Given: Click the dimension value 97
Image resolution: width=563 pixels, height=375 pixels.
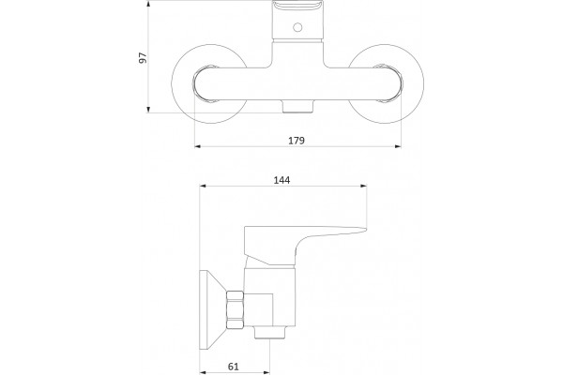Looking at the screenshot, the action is tap(143, 58).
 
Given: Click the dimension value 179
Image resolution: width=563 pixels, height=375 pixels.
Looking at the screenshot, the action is tap(297, 141).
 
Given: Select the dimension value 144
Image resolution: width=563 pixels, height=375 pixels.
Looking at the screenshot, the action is tap(281, 180).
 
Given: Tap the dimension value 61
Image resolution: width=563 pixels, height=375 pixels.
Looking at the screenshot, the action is tap(234, 367).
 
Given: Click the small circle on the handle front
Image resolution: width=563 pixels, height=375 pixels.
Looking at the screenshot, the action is tap(297, 27).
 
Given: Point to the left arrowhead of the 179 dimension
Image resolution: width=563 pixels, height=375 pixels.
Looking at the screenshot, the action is tap(197, 146).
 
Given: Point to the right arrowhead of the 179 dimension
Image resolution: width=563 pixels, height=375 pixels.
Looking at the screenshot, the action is tap(398, 146).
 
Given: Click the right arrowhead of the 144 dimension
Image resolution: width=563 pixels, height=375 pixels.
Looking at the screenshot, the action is tap(364, 186).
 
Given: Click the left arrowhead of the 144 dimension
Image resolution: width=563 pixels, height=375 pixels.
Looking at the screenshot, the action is tap(203, 186).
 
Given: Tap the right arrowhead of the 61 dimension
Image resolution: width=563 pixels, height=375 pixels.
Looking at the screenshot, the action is tap(266, 372).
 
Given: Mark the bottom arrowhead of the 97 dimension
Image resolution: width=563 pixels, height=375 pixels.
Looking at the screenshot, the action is tap(148, 110).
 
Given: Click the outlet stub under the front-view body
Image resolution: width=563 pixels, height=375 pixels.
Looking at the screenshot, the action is tap(297, 106).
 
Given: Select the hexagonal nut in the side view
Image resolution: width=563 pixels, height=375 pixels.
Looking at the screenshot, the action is tap(236, 310).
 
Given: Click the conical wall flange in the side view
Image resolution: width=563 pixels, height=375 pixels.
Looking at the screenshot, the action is tap(213, 310).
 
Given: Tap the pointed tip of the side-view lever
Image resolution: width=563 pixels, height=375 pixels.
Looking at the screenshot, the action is tap(366, 229).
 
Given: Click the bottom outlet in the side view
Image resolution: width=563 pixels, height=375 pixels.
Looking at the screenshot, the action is tap(270, 332).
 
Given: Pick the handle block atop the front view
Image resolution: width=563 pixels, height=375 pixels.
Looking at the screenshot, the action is tap(297, 22).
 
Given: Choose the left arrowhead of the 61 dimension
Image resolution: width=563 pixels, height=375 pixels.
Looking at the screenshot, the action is tap(203, 372).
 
